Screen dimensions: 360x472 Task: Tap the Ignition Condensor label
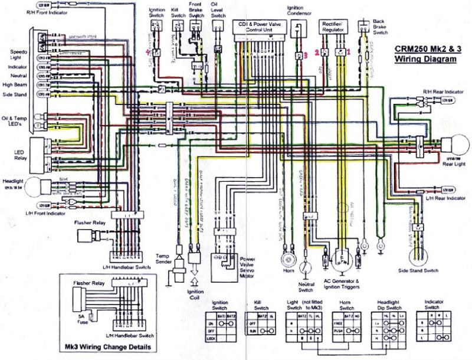point(300,11)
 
